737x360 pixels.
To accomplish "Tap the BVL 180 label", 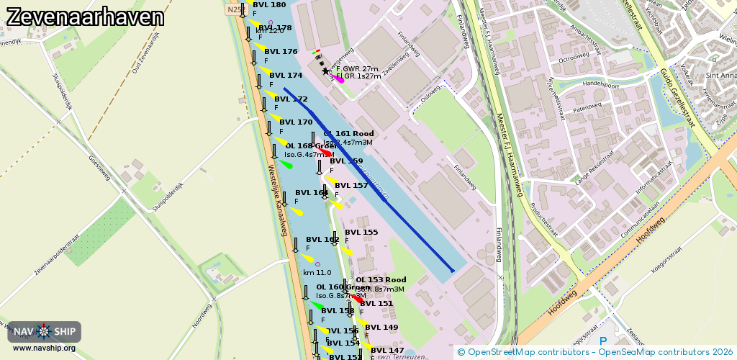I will [269, 5].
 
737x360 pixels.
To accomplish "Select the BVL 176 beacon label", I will [280, 52].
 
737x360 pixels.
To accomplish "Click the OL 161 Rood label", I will [349, 134].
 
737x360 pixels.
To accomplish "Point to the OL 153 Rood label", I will [381, 280].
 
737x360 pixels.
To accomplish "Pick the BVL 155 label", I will [361, 233].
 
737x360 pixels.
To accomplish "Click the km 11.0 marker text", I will [317, 273].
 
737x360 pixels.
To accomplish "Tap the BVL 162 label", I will [322, 240].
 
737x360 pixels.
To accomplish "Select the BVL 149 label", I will [381, 328].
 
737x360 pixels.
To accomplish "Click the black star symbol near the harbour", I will [325, 71].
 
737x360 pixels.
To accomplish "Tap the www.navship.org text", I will [44, 348].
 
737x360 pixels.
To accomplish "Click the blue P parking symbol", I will [603, 341].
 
